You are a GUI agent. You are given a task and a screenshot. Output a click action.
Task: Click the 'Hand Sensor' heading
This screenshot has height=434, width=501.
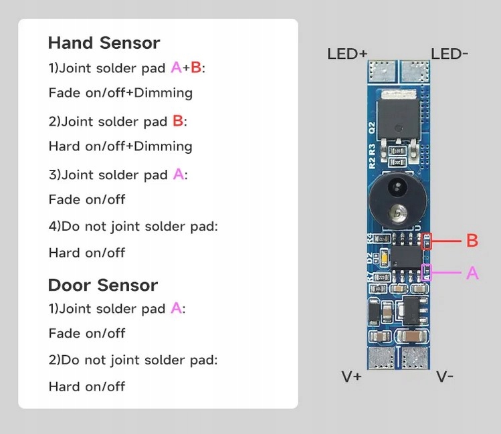click(104, 43)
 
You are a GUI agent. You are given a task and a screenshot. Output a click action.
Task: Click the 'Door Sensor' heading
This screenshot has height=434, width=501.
click(102, 286)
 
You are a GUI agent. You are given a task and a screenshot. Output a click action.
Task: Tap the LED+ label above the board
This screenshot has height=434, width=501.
click(347, 53)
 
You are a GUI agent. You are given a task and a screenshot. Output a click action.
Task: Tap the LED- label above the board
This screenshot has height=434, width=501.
click(449, 53)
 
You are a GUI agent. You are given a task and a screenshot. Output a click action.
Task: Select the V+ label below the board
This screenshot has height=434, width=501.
click(351, 377)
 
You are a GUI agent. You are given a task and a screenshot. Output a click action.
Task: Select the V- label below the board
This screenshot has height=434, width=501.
click(445, 377)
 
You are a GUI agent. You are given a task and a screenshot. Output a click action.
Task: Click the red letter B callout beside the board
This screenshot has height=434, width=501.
click(472, 241)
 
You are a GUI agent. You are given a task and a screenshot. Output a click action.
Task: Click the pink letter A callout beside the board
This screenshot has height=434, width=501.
click(472, 273)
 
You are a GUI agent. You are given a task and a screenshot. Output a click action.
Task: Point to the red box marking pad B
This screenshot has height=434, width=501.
click(427, 241)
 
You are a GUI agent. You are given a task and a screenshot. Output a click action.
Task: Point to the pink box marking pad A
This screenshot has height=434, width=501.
click(427, 273)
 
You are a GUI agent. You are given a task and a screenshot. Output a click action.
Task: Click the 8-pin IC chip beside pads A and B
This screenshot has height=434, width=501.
click(405, 257)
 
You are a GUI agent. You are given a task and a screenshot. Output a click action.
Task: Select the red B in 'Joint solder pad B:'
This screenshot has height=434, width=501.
click(178, 121)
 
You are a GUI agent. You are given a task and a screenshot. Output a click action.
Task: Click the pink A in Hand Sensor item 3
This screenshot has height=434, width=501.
click(179, 175)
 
